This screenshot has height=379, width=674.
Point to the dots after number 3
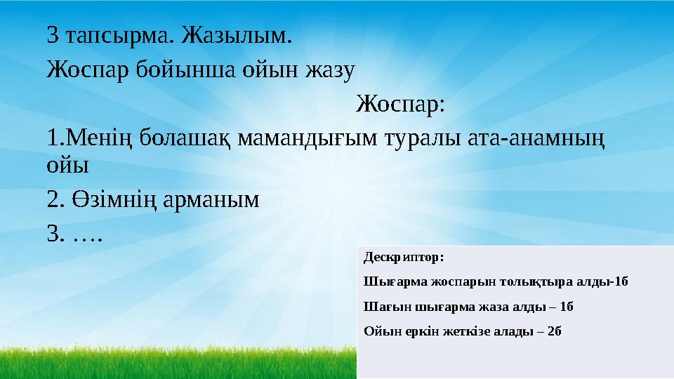[x=87, y=235]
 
